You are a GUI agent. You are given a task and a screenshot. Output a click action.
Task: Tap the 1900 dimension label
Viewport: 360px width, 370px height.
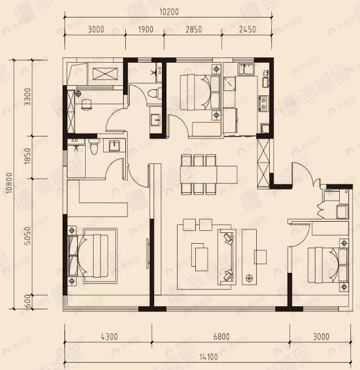point(145,29)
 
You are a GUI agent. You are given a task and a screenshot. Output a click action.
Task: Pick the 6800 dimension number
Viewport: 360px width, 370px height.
point(221,337)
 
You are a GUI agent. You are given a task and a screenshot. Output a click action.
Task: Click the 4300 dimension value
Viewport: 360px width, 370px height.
point(108,337)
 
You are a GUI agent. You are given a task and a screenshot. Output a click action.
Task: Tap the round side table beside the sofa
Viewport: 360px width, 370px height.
point(250,277)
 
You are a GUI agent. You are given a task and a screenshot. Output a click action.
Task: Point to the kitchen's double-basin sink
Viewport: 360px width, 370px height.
point(247,69)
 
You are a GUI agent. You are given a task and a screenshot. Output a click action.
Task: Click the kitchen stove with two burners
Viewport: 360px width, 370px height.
point(263,104)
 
